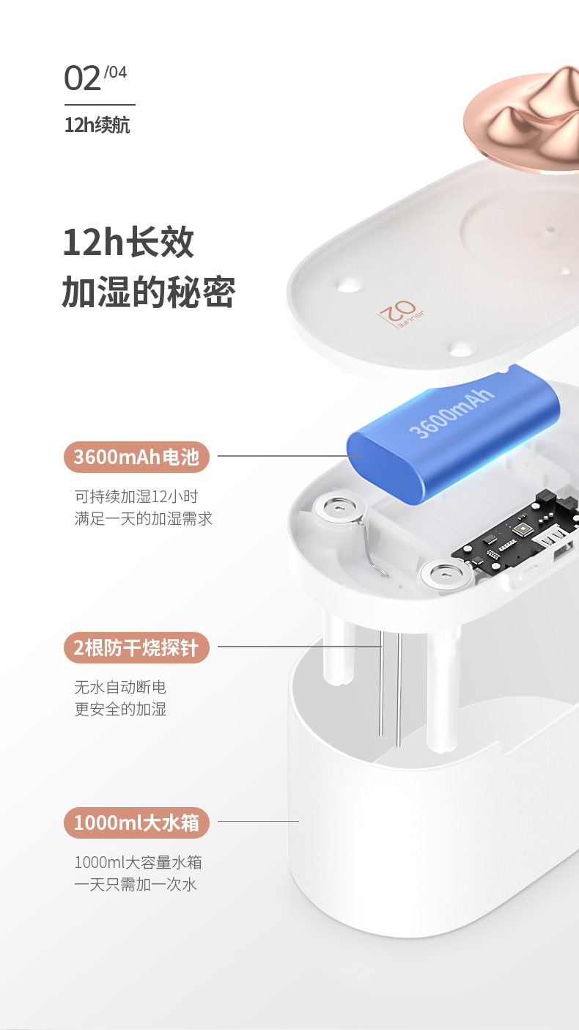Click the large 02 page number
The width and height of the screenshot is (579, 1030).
[x=82, y=78]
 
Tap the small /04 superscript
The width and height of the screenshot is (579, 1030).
[x=115, y=72]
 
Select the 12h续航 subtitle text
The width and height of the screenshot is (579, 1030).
[x=97, y=125]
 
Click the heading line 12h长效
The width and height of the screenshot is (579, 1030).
[x=128, y=243]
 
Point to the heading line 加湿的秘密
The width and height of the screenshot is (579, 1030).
[x=149, y=292]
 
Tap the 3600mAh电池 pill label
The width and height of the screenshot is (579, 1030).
[x=136, y=457]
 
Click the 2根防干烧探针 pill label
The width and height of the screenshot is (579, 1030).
[x=136, y=647]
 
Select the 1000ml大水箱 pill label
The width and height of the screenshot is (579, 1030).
[x=136, y=823]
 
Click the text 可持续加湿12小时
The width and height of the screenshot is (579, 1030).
[x=136, y=496]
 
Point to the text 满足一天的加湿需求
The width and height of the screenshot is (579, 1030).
[x=144, y=519]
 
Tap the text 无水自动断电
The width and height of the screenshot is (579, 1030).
[x=120, y=687]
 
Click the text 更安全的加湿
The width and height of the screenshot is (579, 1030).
[x=120, y=709]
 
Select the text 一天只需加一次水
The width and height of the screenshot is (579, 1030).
[x=136, y=884]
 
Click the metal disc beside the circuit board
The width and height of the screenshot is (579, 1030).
[x=446, y=573]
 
